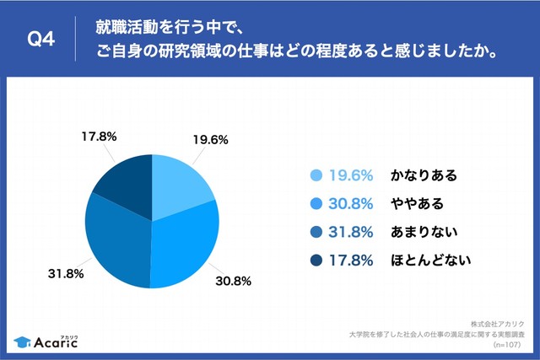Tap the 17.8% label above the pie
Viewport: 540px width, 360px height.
[98, 134]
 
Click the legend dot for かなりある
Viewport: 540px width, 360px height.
[316, 175]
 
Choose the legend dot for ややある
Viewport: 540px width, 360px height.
[316, 203]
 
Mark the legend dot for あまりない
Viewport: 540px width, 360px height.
[316, 231]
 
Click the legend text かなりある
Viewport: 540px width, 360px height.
[423, 175]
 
